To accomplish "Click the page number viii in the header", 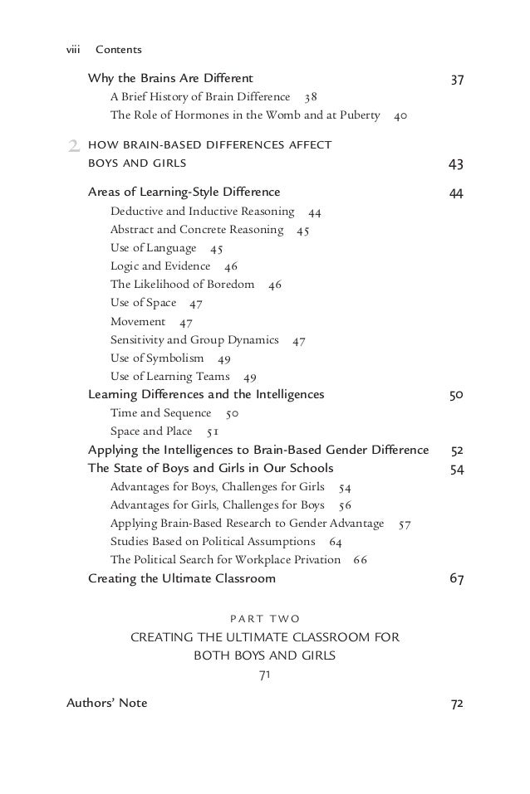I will point(75,51).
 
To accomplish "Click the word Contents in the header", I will point(119,51).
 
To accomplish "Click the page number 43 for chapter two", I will point(456,163).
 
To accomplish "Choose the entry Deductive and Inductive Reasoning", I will point(202,212).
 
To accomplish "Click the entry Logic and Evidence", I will point(160,266).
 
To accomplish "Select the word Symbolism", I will point(175,358).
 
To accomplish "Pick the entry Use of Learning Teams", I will point(169,376).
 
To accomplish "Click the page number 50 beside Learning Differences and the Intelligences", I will point(456,395).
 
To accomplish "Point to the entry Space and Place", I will point(151,431).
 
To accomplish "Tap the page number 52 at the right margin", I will point(457,451).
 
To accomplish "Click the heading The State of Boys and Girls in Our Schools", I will point(211,469).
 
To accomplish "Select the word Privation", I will point(312,559).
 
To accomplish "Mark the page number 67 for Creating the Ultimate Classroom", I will point(456,578).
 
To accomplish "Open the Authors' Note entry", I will point(106,704).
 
